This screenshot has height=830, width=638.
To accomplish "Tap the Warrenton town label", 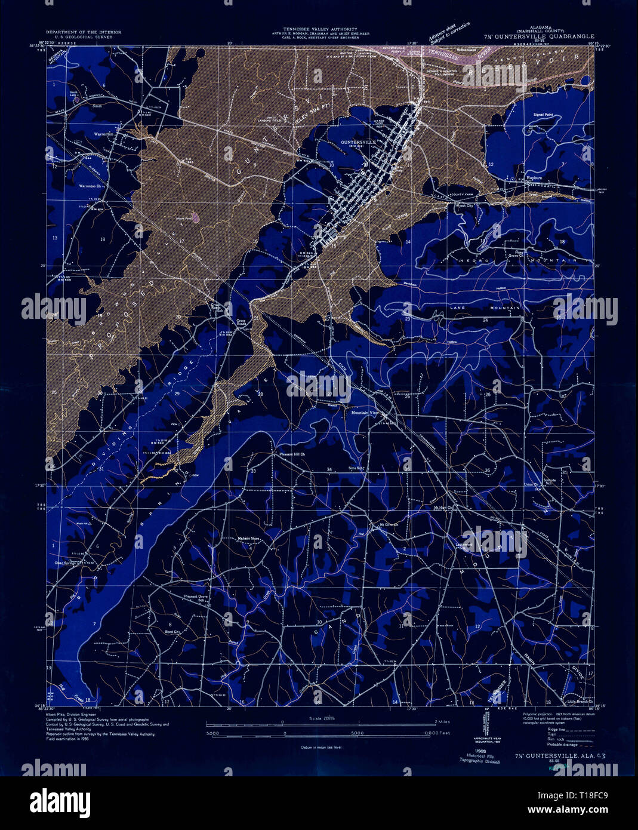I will [x=104, y=134].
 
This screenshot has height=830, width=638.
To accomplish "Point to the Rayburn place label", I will [x=533, y=178].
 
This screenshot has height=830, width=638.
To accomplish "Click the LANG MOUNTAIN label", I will [x=485, y=308].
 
